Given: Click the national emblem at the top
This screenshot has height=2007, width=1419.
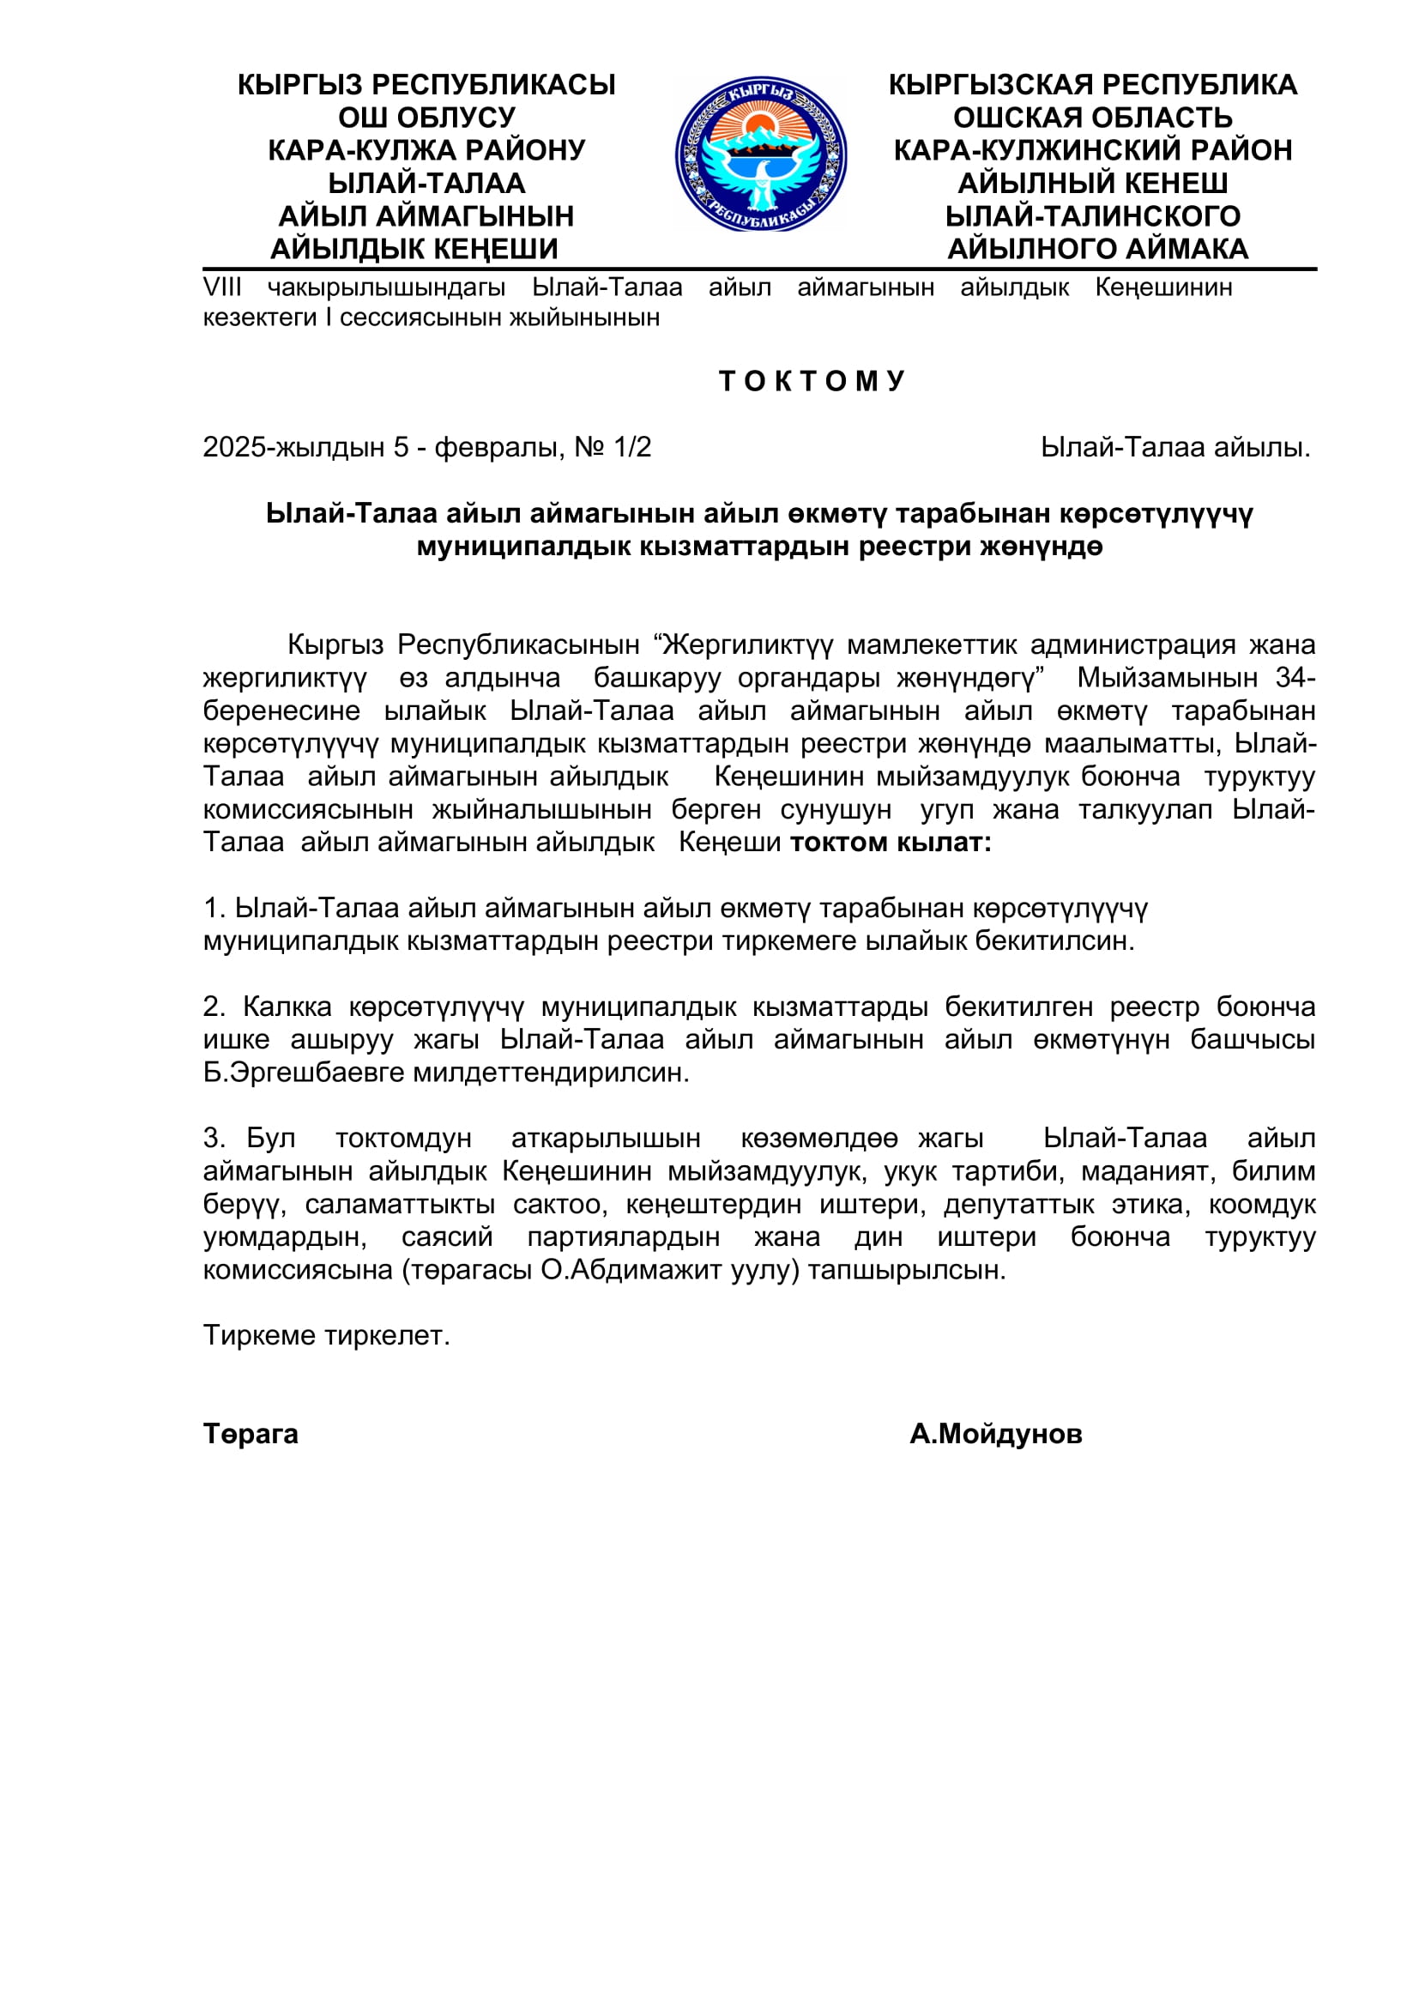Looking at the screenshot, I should (x=760, y=154).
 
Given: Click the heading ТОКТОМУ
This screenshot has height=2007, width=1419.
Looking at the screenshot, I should (x=812, y=381).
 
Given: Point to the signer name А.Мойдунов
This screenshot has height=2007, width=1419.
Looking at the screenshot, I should (x=995, y=1434).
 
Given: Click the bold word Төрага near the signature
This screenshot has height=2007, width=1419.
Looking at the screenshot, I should (x=251, y=1434).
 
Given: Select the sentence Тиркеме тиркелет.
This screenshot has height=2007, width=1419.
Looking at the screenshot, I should (x=326, y=1335).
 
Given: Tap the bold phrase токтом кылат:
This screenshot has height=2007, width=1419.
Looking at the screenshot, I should (x=891, y=842).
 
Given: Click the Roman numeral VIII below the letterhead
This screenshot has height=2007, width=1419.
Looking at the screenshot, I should (x=222, y=287).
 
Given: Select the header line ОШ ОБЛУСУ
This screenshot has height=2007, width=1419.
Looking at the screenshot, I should (x=426, y=118).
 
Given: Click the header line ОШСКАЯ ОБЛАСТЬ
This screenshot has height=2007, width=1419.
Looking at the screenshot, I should (x=1092, y=118).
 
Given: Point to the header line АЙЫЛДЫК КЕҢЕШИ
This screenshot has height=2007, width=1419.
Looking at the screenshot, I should (x=414, y=249).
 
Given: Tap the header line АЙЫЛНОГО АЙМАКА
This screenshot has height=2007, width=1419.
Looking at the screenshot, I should (x=1097, y=249).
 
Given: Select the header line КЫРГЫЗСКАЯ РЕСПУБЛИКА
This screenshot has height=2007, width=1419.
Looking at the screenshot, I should (x=1092, y=85).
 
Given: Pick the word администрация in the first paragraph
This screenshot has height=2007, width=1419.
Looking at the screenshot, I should (x=1132, y=644).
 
